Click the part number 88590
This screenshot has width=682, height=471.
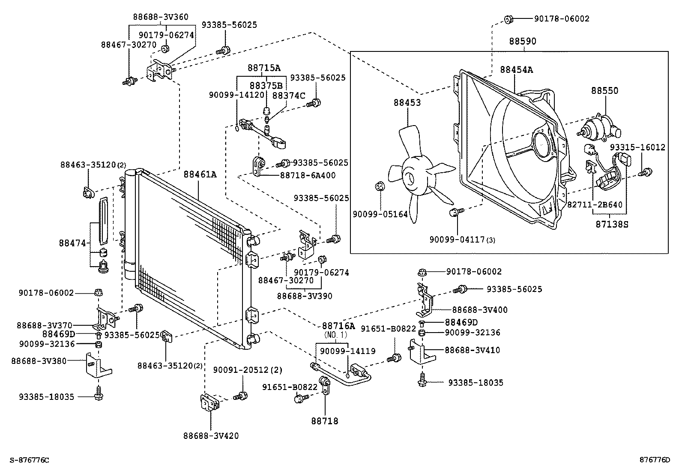[522, 42]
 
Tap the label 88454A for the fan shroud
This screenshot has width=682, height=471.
[517, 70]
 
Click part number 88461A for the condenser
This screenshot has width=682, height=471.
[200, 175]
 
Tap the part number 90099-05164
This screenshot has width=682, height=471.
[380, 214]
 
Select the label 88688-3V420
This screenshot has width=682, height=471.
[211, 436]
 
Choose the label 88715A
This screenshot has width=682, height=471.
[264, 68]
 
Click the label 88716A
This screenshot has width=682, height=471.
[338, 326]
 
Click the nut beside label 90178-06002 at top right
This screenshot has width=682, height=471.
[509, 19]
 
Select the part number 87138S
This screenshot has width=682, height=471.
[611, 224]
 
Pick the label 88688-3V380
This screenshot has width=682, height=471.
[39, 361]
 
